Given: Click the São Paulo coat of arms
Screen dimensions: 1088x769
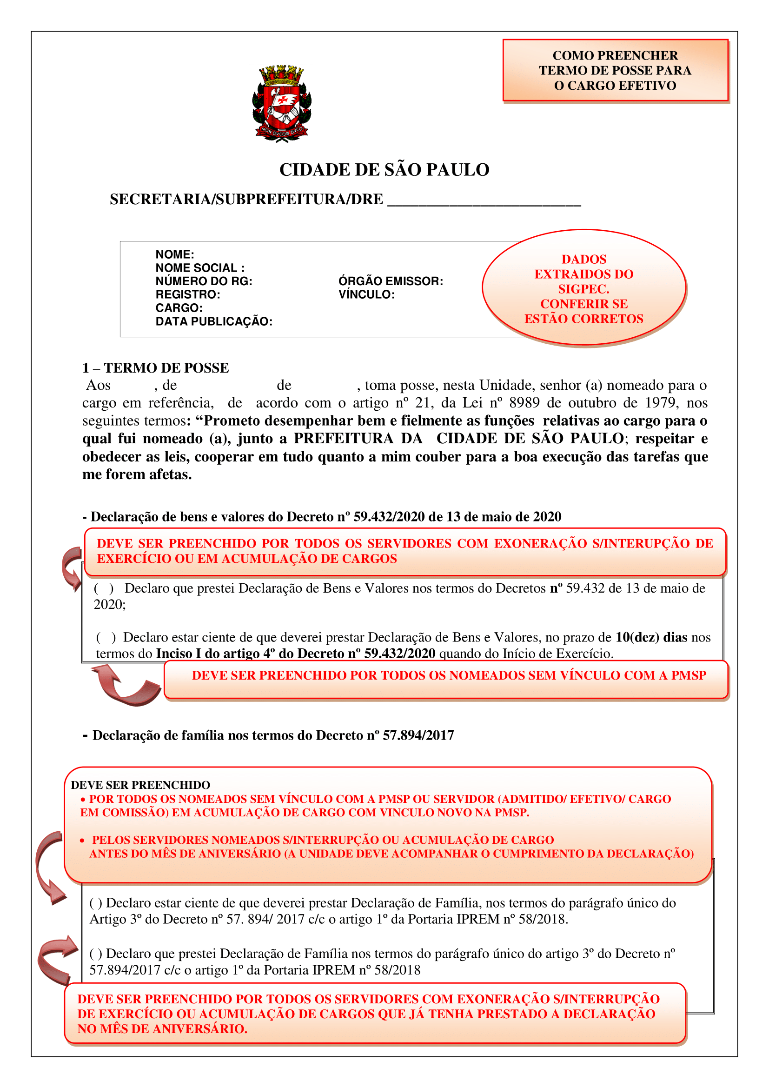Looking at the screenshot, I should click(x=282, y=104).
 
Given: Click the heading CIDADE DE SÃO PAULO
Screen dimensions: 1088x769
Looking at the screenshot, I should click(x=384, y=170).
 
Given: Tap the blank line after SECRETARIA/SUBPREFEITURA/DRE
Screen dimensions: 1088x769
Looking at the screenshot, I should click(x=484, y=201).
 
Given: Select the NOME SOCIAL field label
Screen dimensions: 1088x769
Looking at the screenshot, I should click(x=200, y=268).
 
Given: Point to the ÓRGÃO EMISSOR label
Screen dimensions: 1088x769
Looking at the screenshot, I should click(x=391, y=281).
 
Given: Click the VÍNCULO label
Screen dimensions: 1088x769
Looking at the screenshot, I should click(x=366, y=294).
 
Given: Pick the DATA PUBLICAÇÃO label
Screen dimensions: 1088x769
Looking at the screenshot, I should click(x=214, y=321).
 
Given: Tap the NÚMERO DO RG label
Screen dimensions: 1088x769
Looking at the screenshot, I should click(x=204, y=281).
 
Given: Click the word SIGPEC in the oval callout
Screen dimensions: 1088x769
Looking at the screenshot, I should click(x=583, y=289).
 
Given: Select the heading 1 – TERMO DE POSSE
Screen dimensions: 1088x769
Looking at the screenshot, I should click(x=155, y=368).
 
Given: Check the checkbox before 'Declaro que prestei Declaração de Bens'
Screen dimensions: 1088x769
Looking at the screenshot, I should click(x=104, y=588).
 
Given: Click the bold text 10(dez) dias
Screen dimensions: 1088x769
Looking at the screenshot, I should click(x=651, y=637).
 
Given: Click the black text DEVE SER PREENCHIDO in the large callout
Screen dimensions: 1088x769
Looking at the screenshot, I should click(x=140, y=785).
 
